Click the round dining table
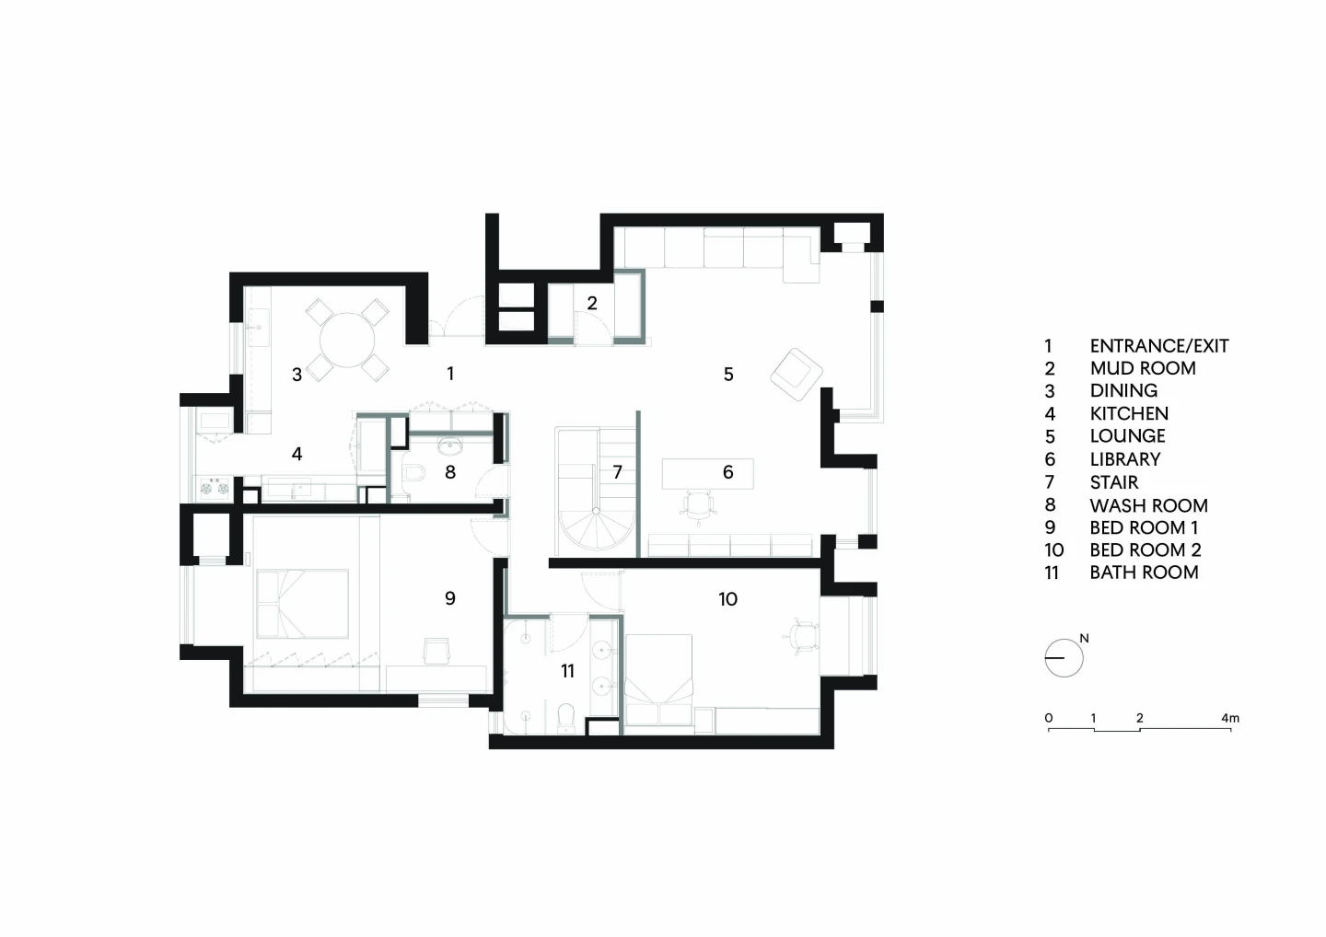(347, 340)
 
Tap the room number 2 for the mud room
(592, 304)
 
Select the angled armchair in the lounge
(797, 375)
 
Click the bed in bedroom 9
(302, 604)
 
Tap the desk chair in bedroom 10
(802, 636)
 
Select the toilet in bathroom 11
(566, 718)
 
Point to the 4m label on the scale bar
(1230, 718)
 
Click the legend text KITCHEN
(1129, 413)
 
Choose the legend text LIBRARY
(1124, 459)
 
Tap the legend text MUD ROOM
(1143, 368)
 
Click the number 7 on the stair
(617, 472)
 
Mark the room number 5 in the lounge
(728, 375)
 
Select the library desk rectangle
(707, 473)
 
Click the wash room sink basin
(451, 446)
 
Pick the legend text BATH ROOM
(1144, 573)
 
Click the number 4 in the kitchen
(297, 454)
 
